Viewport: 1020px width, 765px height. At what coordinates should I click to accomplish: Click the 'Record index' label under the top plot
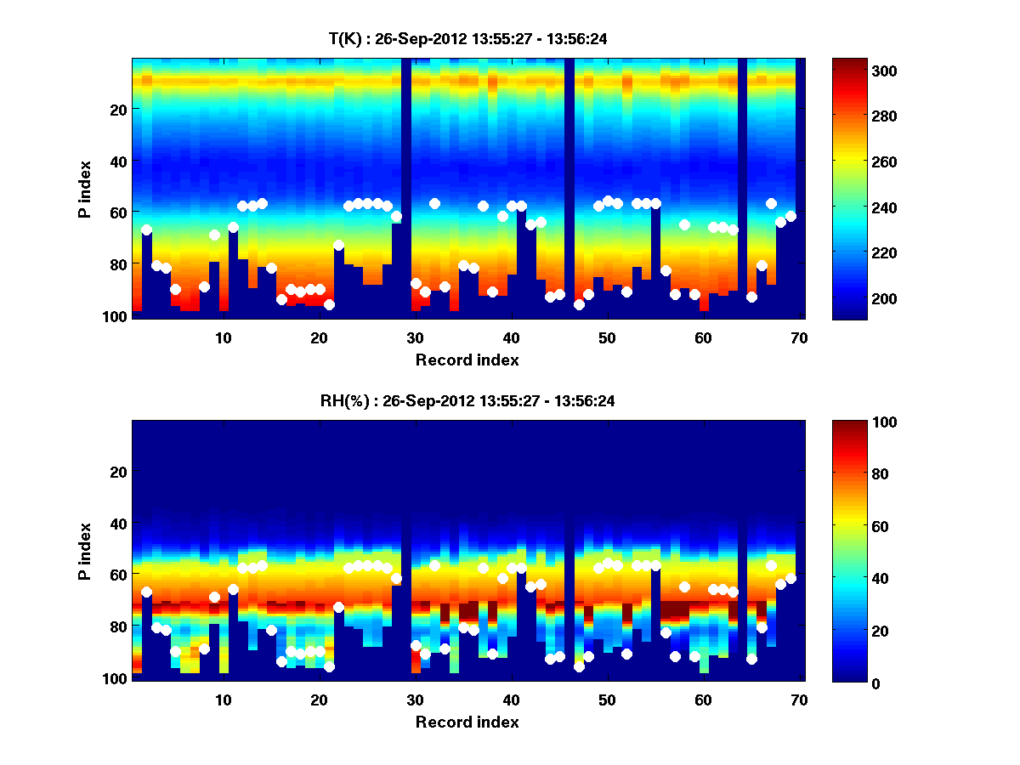(x=467, y=360)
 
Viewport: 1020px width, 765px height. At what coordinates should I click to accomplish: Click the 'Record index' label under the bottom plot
(x=467, y=722)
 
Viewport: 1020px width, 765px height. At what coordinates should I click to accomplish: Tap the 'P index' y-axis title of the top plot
(x=85, y=188)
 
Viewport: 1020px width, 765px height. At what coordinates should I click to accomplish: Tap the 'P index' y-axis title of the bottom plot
(x=85, y=551)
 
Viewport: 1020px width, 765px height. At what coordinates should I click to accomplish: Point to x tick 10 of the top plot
(x=223, y=337)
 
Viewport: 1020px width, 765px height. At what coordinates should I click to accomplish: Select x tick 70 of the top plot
(x=799, y=337)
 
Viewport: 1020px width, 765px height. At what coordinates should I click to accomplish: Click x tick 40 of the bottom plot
(x=511, y=700)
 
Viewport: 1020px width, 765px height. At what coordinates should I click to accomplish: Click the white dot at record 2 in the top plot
(x=146, y=229)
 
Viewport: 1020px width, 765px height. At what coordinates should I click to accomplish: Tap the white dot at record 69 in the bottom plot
(x=790, y=578)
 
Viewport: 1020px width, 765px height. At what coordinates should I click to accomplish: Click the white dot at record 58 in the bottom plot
(x=684, y=586)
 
